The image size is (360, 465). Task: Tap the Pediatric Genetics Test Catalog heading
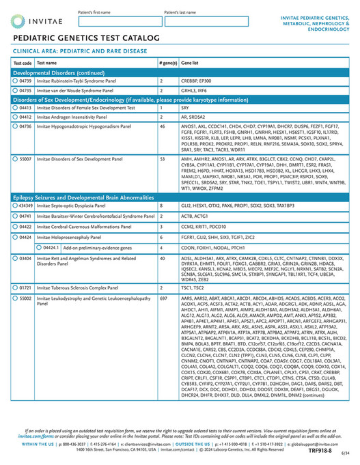coord(86,38)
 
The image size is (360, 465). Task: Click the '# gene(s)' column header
coord(168,62)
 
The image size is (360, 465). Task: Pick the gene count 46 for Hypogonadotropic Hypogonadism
coord(162,126)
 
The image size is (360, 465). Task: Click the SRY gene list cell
coord(185,108)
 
